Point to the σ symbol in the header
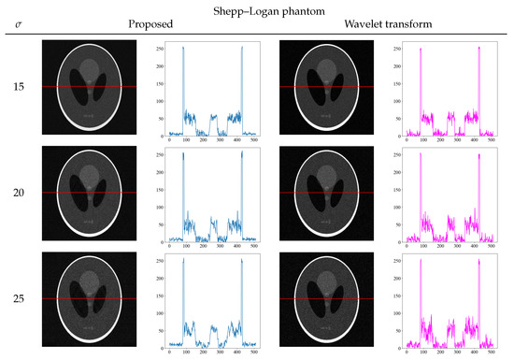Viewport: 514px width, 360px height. (20, 26)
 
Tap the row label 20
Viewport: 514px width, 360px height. (19, 193)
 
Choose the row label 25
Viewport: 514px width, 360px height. (19, 298)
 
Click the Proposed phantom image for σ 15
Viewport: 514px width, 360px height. (90, 87)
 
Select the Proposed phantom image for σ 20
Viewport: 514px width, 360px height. (90, 193)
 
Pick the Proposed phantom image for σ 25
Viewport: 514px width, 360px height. (90, 298)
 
